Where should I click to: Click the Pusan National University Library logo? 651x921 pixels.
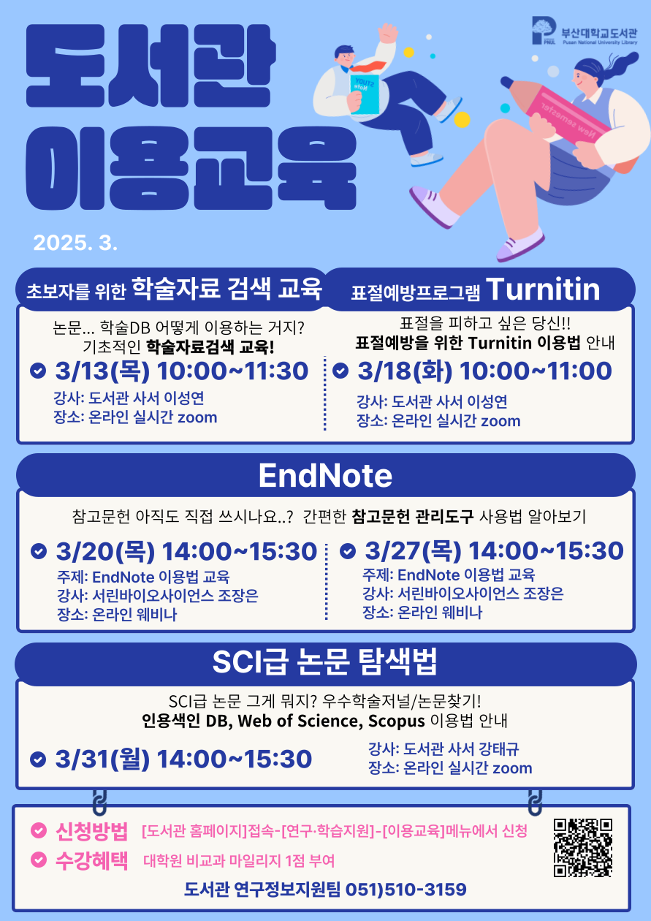[x=585, y=31]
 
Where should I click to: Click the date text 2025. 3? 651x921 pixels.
[x=76, y=243]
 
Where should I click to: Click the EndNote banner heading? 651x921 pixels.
[x=326, y=475]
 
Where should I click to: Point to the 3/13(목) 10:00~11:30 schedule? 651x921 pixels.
[x=182, y=371]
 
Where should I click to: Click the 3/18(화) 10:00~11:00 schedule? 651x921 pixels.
[x=484, y=371]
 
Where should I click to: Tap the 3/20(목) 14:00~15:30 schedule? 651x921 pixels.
[x=186, y=551]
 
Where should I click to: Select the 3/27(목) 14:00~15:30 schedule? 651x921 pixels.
[x=495, y=550]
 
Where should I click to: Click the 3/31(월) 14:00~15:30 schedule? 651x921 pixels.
[x=183, y=759]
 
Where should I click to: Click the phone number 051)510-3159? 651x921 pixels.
[x=406, y=890]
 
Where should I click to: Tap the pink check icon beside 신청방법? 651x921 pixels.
[x=39, y=830]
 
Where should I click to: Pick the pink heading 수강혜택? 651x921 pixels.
[x=91, y=860]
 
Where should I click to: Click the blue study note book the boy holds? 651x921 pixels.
[x=364, y=94]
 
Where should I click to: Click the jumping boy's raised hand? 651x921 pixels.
[x=389, y=33]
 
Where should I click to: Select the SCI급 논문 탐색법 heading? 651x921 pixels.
[x=324, y=662]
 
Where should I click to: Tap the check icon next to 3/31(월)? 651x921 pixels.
[x=38, y=759]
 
